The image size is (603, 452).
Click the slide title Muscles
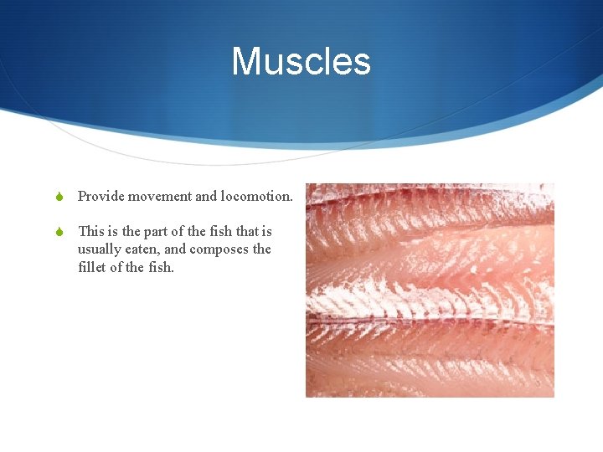coord(301,62)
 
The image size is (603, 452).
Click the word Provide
coord(100,197)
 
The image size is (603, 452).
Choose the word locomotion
coord(255,197)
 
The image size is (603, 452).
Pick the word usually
coord(100,249)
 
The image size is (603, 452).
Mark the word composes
coord(220,249)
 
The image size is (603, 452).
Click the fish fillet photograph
coord(430,290)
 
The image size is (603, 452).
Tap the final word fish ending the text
coord(162,268)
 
